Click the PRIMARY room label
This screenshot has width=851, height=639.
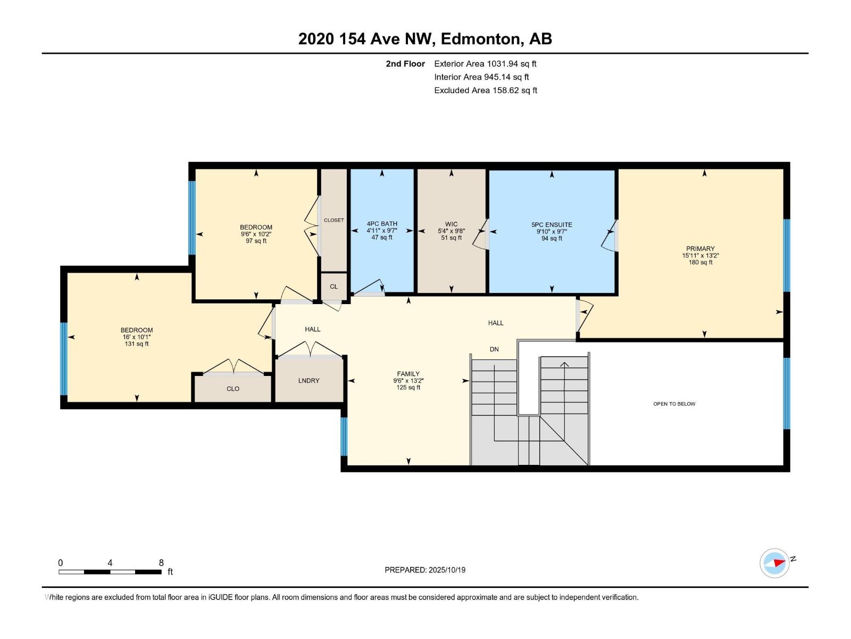point(700,249)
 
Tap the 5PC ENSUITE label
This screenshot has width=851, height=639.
point(552,225)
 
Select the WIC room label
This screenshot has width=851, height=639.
point(451,224)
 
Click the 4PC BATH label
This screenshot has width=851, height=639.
point(382,224)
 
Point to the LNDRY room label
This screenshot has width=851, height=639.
point(308,381)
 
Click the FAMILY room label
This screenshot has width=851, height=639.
point(408,374)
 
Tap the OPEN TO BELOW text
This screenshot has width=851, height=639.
point(674,404)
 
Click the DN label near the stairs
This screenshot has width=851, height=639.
point(494,349)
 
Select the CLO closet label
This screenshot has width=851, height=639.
point(233,389)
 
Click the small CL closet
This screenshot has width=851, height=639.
point(333,286)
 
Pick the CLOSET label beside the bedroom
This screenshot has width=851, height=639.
point(333,220)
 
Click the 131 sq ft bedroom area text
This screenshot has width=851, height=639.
point(137,344)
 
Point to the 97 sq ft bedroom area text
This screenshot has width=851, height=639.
point(256,241)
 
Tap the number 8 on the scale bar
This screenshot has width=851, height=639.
point(161,563)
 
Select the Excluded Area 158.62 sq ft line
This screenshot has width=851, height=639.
point(485,91)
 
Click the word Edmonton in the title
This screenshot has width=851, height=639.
point(480,39)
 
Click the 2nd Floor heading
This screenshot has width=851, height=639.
point(405,64)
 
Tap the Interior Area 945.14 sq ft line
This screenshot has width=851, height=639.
point(481,77)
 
